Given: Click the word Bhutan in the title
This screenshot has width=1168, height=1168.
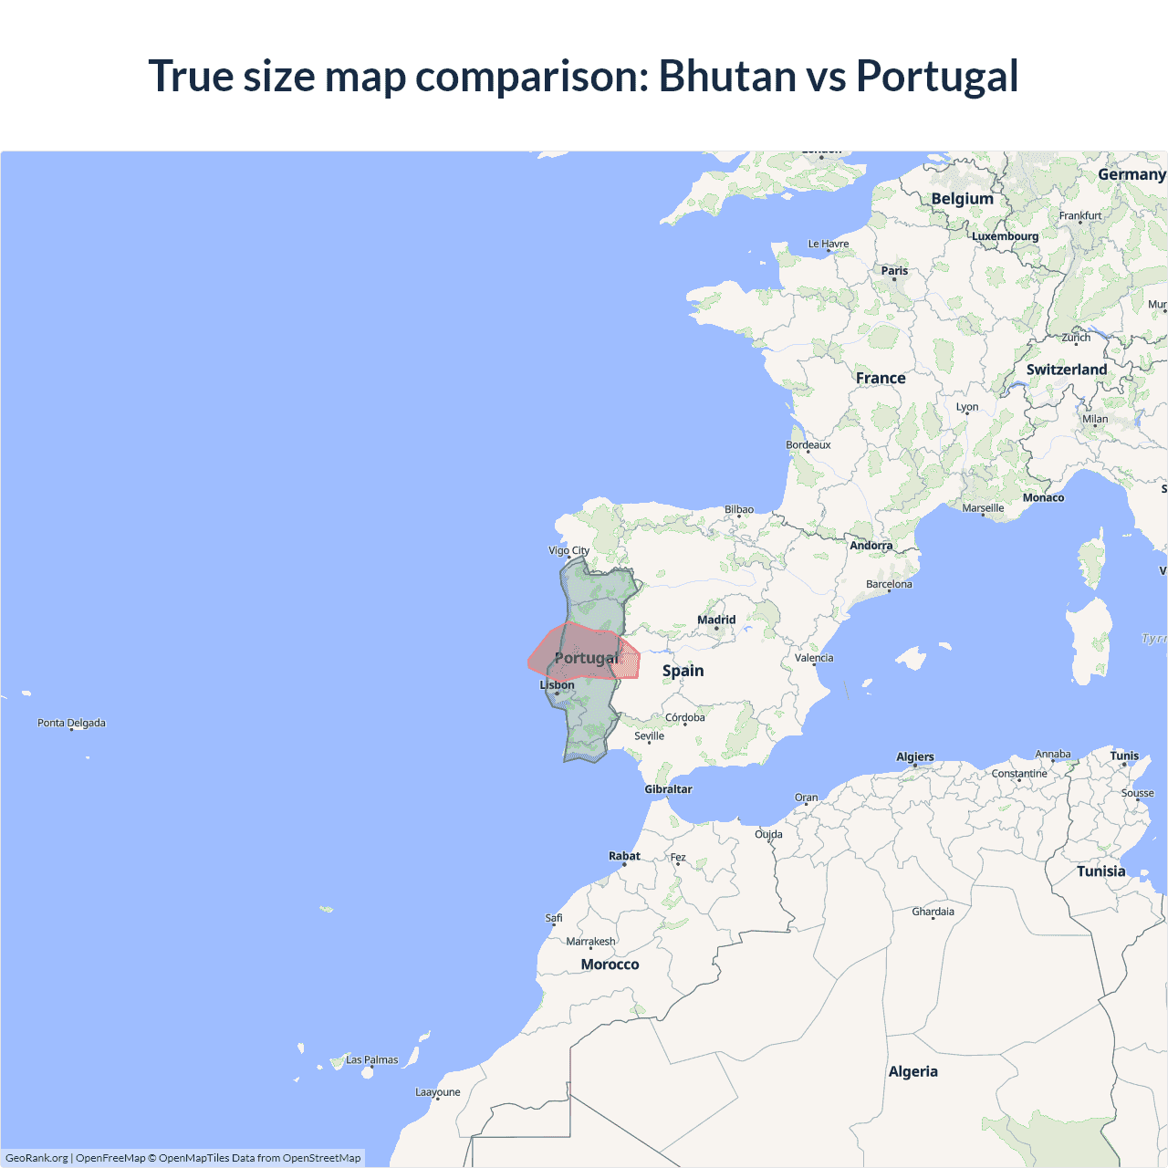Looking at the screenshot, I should point(727,76).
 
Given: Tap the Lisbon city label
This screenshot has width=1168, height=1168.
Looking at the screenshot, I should point(557,684).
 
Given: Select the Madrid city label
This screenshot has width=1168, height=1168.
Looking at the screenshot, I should point(716,620).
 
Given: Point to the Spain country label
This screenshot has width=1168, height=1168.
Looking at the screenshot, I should point(683,671).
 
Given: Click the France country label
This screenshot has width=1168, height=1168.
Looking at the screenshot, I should point(881,378).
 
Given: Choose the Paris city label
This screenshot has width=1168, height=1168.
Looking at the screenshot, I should point(894,270).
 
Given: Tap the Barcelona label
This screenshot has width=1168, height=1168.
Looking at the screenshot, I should point(889,584).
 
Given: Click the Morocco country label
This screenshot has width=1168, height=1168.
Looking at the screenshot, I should point(610,965).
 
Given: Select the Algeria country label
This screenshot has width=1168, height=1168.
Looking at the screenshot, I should point(912,1071).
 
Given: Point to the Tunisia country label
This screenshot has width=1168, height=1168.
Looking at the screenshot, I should point(1100,871).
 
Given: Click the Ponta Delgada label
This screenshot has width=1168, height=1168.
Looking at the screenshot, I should point(71,723).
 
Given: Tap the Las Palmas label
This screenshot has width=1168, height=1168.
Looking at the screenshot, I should point(371,1059).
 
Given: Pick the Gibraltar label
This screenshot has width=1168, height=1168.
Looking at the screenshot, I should point(668,789).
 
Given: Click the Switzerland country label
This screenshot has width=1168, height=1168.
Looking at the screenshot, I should point(1066,370).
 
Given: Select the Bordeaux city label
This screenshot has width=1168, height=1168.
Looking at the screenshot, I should point(808,445).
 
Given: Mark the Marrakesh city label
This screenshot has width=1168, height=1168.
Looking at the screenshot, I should point(590,941).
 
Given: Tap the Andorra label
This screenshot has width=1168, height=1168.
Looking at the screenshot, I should point(871,546).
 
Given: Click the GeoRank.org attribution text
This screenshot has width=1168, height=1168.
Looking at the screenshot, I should point(36,1158).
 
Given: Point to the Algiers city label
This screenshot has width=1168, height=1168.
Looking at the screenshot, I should point(914,756).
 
